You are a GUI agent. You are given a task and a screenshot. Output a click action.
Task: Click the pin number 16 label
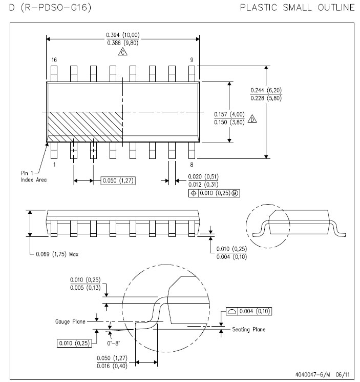(x=54, y=59)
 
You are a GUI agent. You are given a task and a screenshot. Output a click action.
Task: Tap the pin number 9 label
(x=192, y=59)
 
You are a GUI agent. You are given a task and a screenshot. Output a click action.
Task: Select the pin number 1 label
(x=54, y=165)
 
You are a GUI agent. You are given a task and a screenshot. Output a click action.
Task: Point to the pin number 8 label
(x=192, y=165)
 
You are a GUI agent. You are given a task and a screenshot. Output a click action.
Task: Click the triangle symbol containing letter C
(x=123, y=52)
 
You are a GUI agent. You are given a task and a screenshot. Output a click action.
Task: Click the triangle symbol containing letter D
(x=252, y=119)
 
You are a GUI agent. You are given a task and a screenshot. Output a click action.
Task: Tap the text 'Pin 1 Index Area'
(x=33, y=176)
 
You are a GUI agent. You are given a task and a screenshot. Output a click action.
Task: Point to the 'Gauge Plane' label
(x=70, y=321)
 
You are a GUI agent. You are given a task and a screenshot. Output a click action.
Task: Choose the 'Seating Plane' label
(x=248, y=329)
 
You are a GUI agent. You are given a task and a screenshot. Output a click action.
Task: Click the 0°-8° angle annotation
(x=113, y=343)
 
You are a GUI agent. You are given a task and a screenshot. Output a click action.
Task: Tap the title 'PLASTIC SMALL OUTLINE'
(x=297, y=8)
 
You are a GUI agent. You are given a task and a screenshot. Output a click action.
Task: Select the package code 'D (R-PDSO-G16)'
(x=50, y=8)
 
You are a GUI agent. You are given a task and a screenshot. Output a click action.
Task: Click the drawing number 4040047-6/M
(x=313, y=374)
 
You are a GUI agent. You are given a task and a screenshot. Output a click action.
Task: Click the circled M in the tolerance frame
(x=235, y=193)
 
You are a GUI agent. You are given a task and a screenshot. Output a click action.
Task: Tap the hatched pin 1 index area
(x=84, y=127)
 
